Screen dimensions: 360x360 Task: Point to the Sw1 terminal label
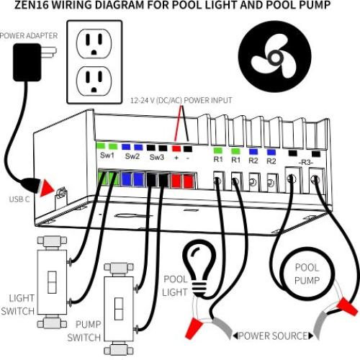tap(107, 155)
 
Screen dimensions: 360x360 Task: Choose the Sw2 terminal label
tap(132, 155)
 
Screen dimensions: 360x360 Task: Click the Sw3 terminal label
tap(157, 156)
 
